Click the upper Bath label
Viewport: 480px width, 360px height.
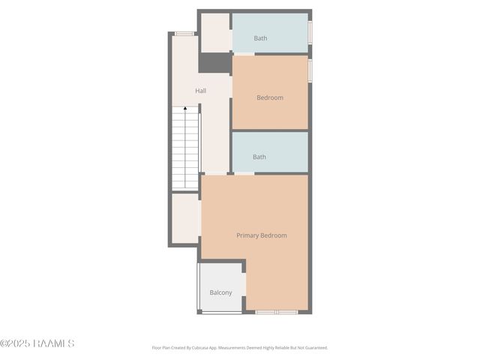point(260,38)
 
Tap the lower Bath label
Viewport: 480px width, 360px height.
point(259,157)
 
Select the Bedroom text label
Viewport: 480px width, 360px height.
point(270,97)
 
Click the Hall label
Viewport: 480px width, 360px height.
point(201,91)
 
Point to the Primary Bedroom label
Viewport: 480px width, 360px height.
point(262,235)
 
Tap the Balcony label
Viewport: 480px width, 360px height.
point(220,292)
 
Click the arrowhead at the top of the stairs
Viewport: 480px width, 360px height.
point(185,109)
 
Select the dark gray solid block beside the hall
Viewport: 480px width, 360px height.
point(214,63)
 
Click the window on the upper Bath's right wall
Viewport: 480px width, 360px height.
point(310,33)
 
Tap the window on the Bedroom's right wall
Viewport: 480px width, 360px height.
point(310,70)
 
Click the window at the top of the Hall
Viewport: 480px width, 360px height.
point(184,34)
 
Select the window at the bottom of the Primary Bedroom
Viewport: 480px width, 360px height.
point(276,311)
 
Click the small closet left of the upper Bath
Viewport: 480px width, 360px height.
point(215,33)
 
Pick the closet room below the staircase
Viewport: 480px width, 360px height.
point(184,218)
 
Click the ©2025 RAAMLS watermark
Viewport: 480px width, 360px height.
point(37,343)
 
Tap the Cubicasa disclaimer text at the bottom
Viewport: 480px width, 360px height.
point(240,348)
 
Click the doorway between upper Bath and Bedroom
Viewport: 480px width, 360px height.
point(244,53)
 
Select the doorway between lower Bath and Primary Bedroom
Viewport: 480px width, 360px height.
point(244,174)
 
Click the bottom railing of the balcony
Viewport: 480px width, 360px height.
point(220,312)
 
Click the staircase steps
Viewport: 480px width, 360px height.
point(185,150)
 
